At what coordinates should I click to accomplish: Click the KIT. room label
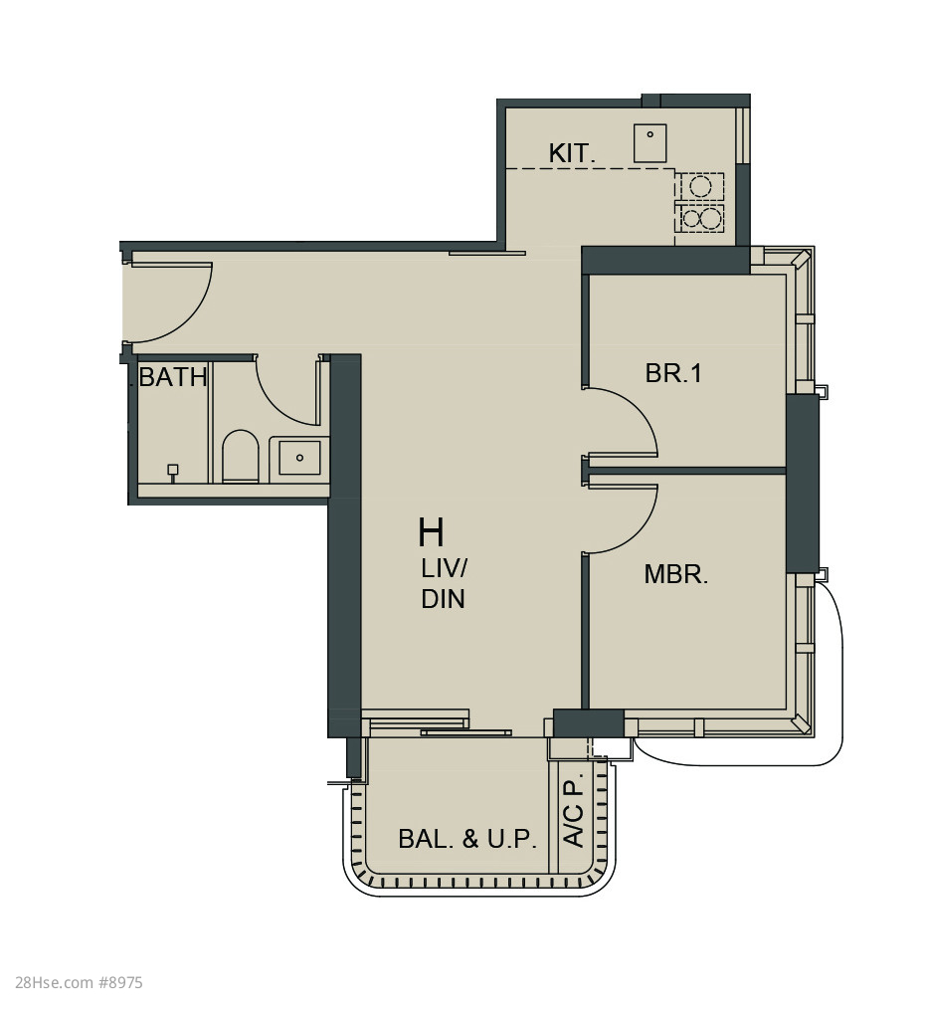(571, 153)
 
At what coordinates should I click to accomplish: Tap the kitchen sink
(649, 142)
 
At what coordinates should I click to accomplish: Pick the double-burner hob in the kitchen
(699, 218)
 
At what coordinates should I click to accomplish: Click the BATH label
(173, 376)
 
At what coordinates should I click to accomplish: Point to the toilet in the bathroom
(241, 456)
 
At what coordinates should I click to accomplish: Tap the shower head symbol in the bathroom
(173, 472)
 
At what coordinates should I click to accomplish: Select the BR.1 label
(673, 373)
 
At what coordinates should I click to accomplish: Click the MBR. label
(676, 574)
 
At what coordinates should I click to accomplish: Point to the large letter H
(431, 532)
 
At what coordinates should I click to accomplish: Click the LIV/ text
(444, 569)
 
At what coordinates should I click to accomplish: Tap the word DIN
(443, 599)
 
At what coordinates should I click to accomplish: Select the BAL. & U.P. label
(467, 839)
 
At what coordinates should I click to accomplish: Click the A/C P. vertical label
(574, 809)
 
